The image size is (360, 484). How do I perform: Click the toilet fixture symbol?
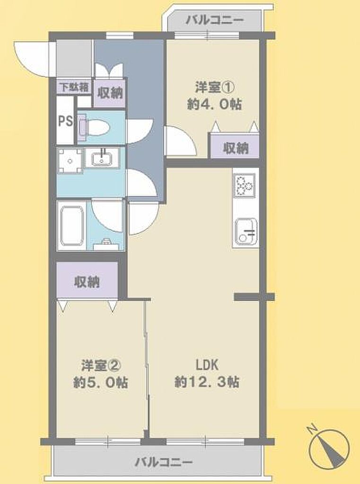(93, 127)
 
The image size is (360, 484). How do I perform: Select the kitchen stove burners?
(245, 185)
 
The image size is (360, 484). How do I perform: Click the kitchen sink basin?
(246, 232)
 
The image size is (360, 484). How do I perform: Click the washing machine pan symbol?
(70, 161)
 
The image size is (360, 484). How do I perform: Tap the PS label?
(65, 121)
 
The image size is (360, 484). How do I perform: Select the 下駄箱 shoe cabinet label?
(74, 87)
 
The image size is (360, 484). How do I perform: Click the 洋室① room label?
(214, 88)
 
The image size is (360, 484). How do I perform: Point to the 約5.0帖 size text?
(101, 383)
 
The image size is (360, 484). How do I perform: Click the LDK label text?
(207, 365)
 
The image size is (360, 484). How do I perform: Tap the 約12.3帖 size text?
(207, 382)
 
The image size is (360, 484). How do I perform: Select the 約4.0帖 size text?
(214, 104)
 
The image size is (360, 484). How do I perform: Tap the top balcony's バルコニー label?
(214, 21)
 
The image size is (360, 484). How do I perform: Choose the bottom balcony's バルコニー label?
(164, 462)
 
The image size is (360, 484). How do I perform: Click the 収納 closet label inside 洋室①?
(236, 149)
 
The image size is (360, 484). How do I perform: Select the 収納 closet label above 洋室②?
(87, 282)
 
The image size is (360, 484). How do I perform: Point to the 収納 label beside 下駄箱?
(110, 93)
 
